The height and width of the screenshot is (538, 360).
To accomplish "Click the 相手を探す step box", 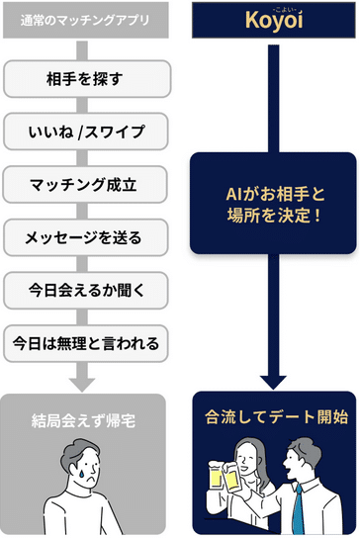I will [x=85, y=76].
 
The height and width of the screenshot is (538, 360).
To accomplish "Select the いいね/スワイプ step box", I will [x=85, y=130].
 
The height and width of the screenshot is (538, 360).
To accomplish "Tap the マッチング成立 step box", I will [x=85, y=183].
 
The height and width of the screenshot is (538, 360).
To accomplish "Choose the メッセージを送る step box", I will [x=85, y=236].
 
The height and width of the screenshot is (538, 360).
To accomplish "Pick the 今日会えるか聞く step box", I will [x=85, y=290].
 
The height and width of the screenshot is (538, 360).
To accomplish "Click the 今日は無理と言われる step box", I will [x=85, y=343].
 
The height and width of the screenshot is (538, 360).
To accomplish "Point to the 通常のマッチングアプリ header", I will [x=85, y=17].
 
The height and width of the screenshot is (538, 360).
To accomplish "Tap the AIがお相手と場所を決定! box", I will [x=272, y=202].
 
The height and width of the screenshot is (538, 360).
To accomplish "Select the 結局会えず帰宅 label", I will [x=85, y=419].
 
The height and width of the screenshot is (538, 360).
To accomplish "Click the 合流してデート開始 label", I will [x=272, y=417].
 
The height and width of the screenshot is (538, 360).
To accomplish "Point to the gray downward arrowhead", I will [x=85, y=381].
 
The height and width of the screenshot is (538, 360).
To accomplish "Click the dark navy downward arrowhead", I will [x=272, y=381].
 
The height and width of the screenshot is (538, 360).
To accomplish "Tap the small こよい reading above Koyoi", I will [x=272, y=7].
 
